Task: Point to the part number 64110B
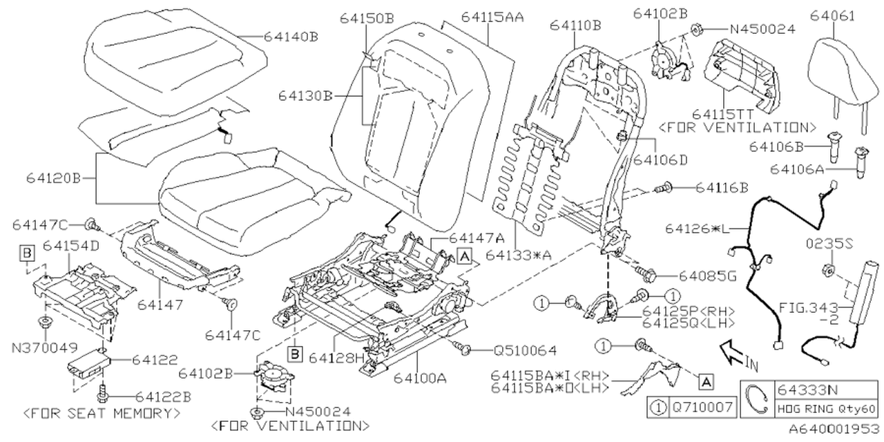pos(575,26)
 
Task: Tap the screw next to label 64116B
pos(668,186)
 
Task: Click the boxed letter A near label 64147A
pos(464,256)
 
